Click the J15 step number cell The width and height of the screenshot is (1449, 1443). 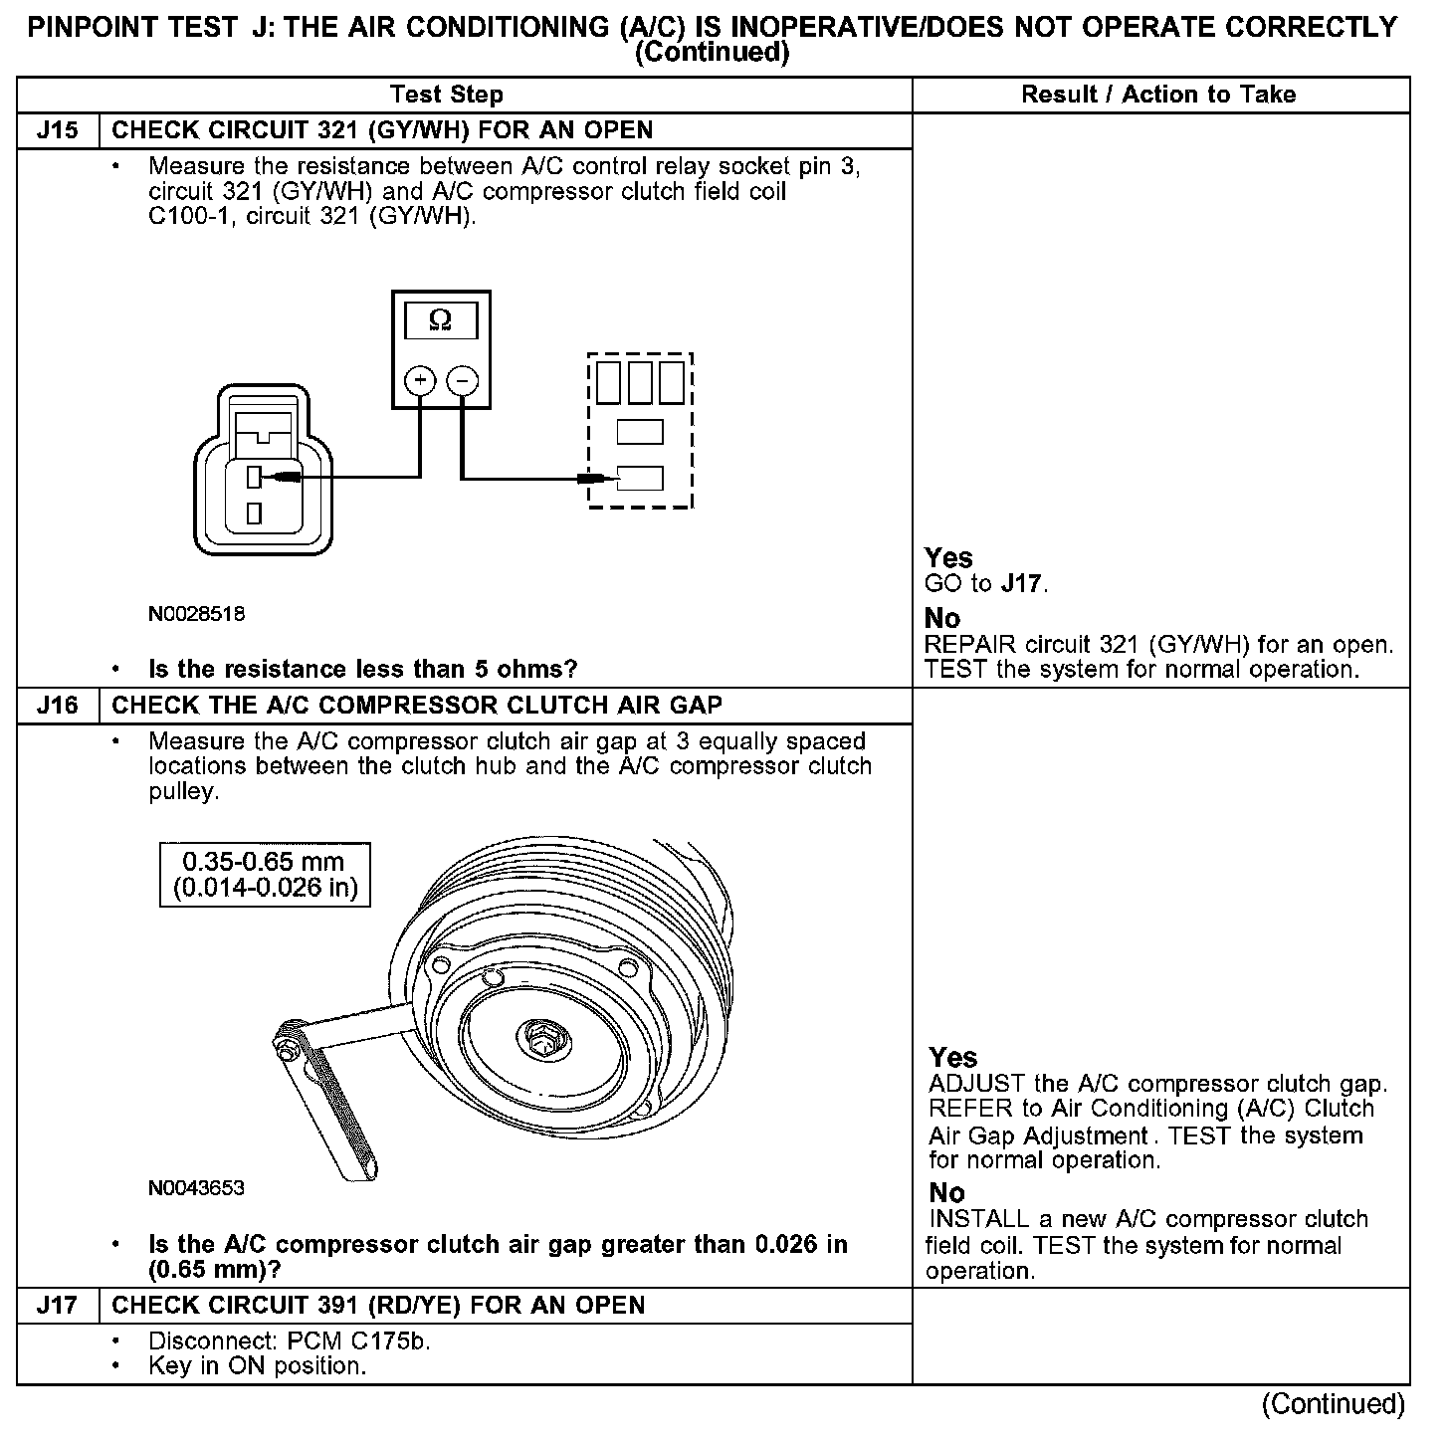[57, 130]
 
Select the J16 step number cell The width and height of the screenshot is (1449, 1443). [57, 706]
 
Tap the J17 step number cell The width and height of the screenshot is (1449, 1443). [57, 1305]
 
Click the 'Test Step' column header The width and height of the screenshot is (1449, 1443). [447, 95]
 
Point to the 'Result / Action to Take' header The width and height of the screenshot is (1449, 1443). [1158, 95]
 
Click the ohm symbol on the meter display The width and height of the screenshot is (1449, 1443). [440, 320]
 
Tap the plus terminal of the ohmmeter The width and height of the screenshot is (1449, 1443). [420, 381]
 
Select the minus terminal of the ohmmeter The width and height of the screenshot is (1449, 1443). [462, 381]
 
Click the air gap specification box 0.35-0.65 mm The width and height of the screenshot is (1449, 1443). [265, 875]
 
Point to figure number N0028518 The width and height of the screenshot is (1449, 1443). [196, 614]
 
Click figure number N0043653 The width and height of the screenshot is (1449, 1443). [196, 1188]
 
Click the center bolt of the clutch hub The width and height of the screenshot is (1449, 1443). [544, 1037]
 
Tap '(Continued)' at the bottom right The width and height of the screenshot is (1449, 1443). [1333, 1404]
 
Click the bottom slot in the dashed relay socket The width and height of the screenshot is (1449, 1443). [640, 479]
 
